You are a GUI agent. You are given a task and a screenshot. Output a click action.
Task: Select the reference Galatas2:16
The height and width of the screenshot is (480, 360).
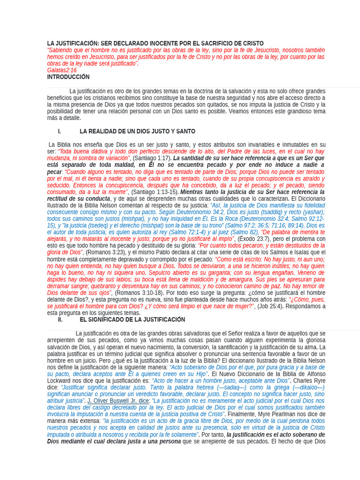[x=61, y=70]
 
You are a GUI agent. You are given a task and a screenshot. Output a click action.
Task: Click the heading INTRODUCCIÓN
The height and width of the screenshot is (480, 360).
[x=68, y=77]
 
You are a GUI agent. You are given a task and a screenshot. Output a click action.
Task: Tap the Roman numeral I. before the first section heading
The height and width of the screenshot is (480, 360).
[x=60, y=132]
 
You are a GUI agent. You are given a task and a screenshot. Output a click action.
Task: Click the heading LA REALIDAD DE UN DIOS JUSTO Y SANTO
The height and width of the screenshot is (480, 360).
[x=137, y=132]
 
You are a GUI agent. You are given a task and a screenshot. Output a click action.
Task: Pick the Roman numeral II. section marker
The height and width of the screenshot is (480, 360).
[x=60, y=320]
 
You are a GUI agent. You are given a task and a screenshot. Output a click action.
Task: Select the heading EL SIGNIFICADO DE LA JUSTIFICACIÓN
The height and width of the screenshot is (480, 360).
[x=132, y=320]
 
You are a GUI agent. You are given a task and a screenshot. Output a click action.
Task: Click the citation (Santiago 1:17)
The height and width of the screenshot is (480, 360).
[x=152, y=158]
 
